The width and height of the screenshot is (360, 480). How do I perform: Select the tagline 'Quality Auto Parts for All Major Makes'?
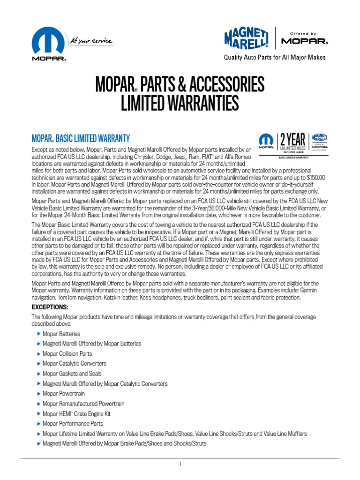tap(275, 58)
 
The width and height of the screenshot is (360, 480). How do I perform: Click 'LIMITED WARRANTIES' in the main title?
tap(180, 104)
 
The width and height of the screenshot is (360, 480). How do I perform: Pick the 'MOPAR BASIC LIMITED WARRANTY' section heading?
tap(80, 138)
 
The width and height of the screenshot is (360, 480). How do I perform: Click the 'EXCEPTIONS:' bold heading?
tap(50, 307)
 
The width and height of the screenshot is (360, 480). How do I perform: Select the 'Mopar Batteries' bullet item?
tap(61, 334)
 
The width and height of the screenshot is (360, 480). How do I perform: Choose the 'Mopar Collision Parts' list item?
tap(67, 353)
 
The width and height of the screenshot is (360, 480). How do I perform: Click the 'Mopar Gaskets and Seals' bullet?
tap(72, 374)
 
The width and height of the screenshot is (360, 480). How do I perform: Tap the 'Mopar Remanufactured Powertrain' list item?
tap(83, 404)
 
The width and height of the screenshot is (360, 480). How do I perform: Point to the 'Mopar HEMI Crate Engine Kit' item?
tap(76, 414)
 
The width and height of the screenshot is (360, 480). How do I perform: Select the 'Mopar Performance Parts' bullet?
tap(73, 424)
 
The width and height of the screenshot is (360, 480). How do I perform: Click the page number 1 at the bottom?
tap(180, 464)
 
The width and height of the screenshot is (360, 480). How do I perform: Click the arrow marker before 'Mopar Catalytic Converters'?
tap(38, 364)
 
